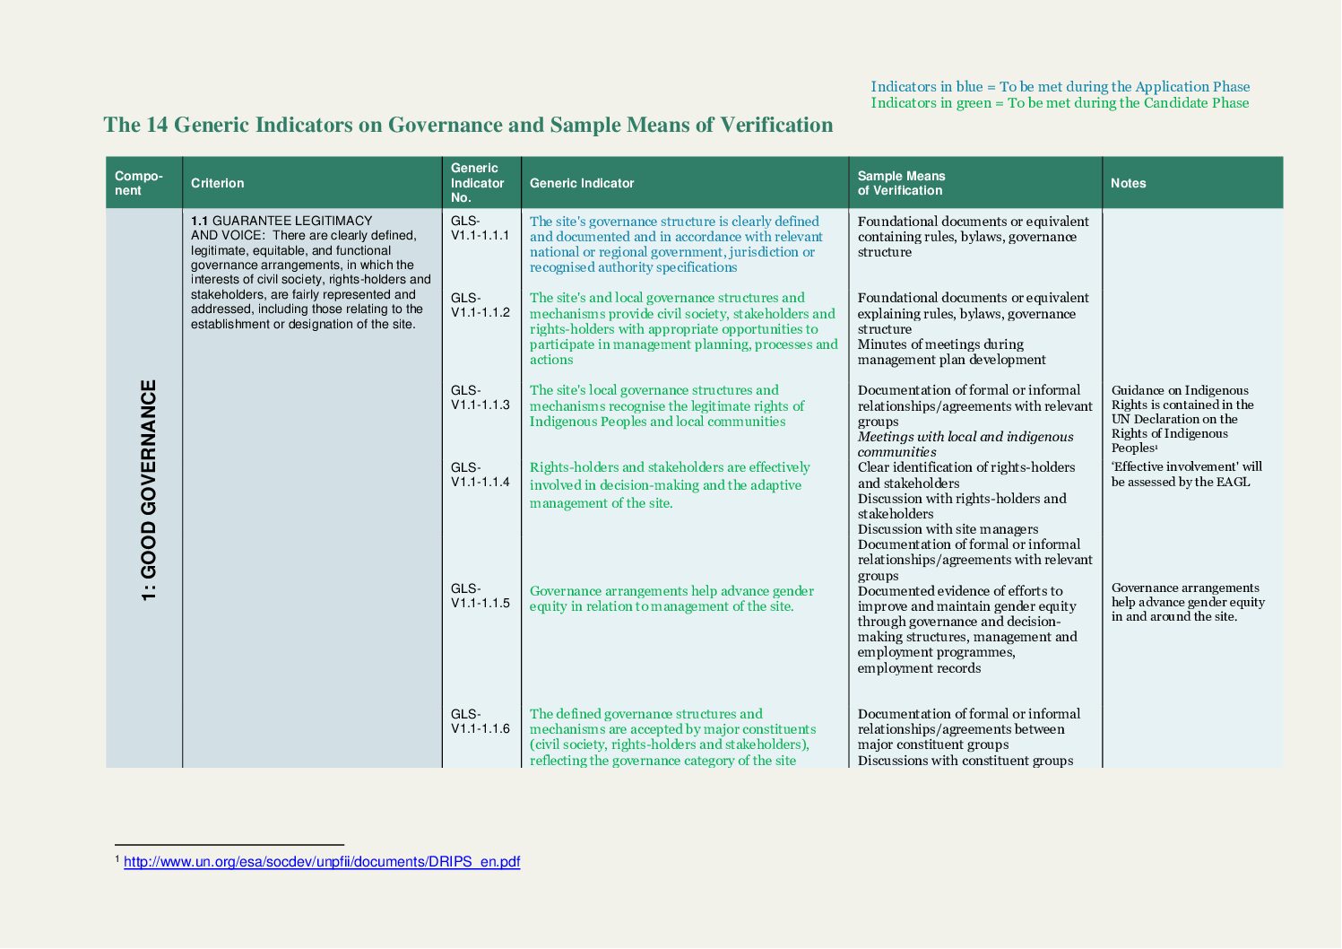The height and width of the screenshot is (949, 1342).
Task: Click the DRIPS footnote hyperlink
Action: (321, 862)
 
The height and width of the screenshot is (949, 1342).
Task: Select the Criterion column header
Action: (217, 183)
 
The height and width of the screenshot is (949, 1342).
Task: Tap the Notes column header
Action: (1128, 183)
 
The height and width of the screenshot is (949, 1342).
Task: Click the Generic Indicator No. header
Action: (477, 183)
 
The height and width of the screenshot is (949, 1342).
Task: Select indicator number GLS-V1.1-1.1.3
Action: (480, 397)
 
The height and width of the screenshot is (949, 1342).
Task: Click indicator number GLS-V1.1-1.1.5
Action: (480, 596)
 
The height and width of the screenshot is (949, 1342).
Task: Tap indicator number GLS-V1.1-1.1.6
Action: (480, 721)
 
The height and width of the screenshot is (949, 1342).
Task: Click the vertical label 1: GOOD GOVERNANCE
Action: (149, 490)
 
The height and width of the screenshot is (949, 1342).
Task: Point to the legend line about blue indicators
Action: (1060, 87)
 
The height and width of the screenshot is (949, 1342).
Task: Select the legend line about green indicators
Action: (1060, 103)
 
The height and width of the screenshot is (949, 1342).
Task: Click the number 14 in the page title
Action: (157, 125)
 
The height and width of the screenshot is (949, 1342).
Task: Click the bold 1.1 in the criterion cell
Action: (199, 221)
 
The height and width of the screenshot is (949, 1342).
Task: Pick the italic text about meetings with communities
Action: (965, 444)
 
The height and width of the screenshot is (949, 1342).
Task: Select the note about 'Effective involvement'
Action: (1185, 474)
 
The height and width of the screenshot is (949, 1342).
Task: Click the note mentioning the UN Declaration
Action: (1182, 419)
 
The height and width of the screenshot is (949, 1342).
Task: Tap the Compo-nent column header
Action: (139, 183)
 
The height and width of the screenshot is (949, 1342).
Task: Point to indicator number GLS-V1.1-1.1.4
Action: (480, 474)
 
